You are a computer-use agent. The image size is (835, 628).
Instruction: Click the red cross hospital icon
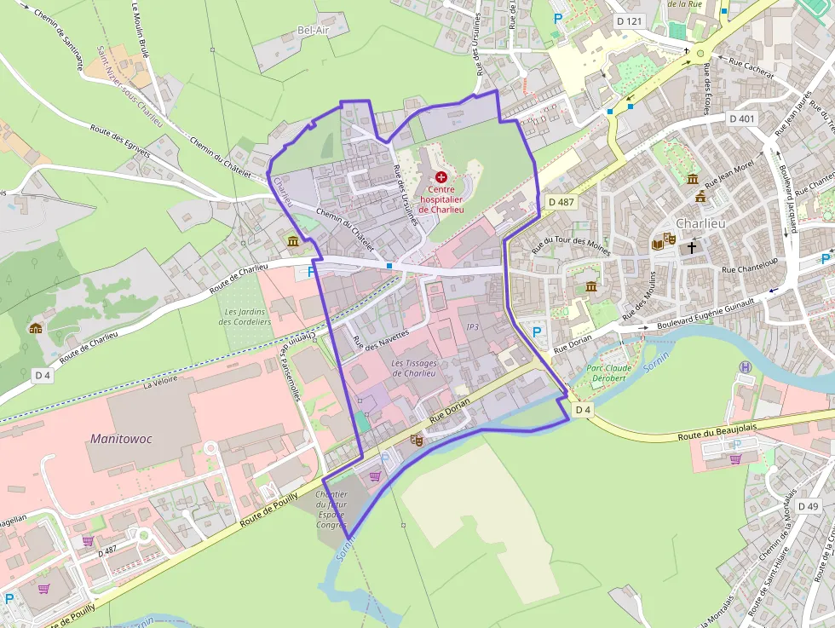(x=441, y=176)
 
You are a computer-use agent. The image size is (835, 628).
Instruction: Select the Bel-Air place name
(x=313, y=30)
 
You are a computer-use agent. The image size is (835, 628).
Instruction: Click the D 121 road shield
(x=630, y=20)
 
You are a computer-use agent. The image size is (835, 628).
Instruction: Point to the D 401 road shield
(x=742, y=118)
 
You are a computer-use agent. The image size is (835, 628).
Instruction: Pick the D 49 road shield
(x=807, y=507)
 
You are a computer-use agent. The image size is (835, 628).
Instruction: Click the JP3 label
(x=474, y=327)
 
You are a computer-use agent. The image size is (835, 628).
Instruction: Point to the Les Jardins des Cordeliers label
(x=245, y=317)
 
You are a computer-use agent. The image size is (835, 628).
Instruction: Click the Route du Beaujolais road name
(x=720, y=430)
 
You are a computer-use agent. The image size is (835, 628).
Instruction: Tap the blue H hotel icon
(x=746, y=367)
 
